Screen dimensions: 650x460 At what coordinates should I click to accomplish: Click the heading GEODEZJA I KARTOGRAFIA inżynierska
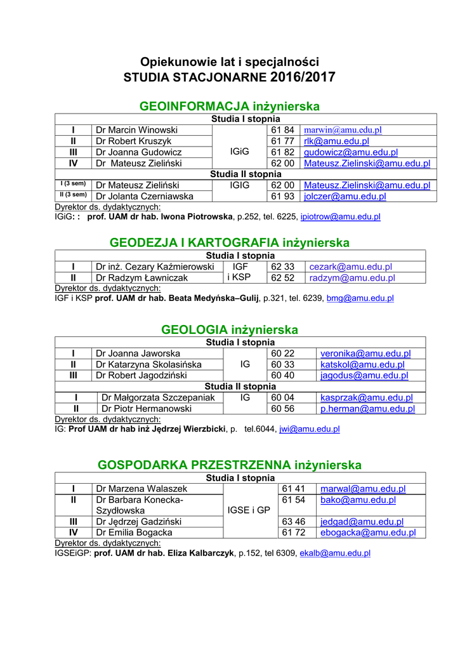pyautogui.click(x=230, y=242)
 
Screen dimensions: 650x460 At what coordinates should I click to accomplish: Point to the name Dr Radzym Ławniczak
pyautogui.click(x=141, y=278)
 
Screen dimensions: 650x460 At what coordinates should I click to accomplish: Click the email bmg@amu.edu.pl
pyautogui.click(x=360, y=298)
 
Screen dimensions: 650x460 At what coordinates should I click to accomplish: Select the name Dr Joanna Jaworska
pyautogui.click(x=138, y=354)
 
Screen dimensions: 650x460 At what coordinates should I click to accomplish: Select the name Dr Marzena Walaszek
pyautogui.click(x=141, y=489)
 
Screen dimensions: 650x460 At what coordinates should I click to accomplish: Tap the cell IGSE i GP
pyautogui.click(x=248, y=510)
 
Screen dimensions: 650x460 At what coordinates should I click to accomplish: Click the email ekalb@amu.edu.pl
pyautogui.click(x=335, y=553)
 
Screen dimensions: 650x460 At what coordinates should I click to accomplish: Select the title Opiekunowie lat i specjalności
pyautogui.click(x=229, y=62)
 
